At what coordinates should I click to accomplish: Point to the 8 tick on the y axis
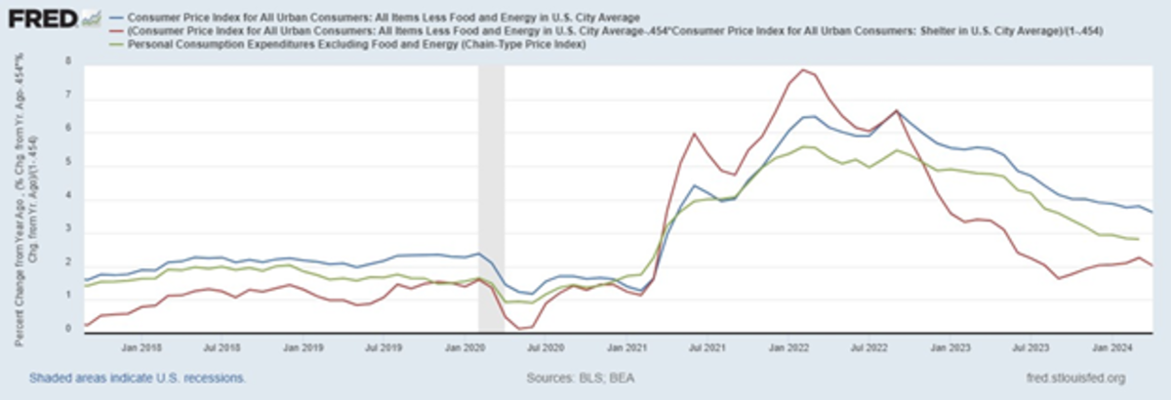coord(69,60)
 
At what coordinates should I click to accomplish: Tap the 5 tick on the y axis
coord(69,162)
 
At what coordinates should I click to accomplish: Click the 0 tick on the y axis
coord(69,330)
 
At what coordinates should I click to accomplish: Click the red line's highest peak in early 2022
coord(803,69)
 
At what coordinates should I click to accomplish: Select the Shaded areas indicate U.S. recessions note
coord(138,378)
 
